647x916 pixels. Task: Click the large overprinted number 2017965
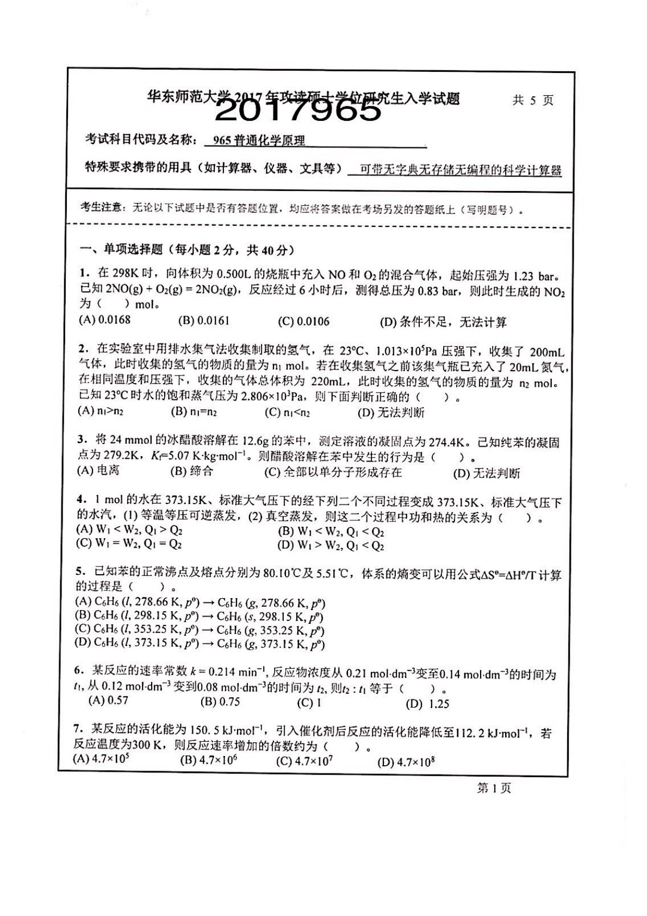tap(298, 111)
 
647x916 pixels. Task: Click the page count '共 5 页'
tap(532, 101)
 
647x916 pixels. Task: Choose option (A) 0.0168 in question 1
tap(105, 320)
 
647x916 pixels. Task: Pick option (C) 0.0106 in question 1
tap(303, 321)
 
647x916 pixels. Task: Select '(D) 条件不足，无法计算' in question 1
tap(443, 322)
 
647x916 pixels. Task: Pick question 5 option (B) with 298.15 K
tap(200, 617)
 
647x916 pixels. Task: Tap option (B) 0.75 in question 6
tap(220, 702)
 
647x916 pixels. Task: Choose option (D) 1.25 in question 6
tap(427, 704)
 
